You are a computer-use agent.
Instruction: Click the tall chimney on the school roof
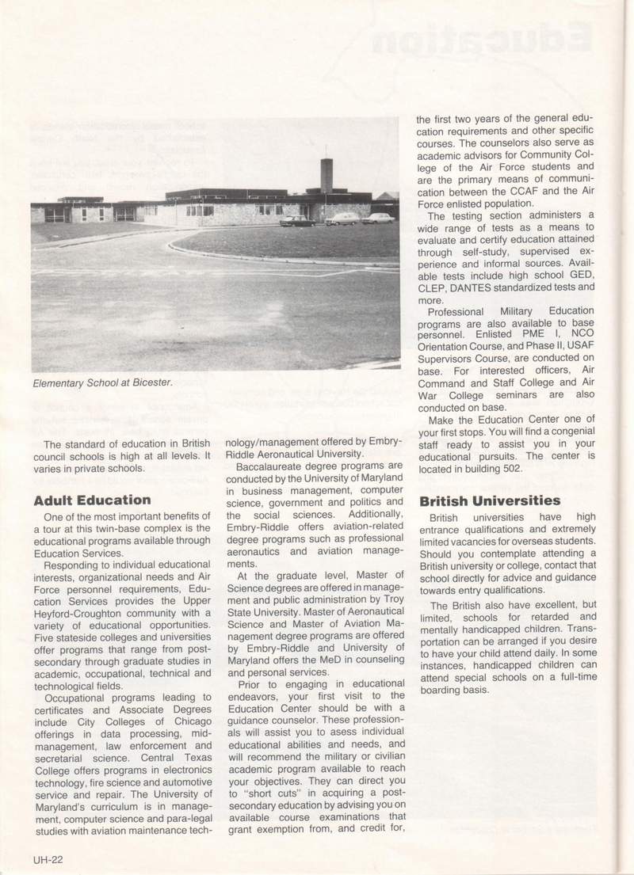pyautogui.click(x=327, y=176)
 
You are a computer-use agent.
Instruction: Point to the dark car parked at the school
pyautogui.click(x=297, y=221)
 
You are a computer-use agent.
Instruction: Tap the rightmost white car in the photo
pyautogui.click(x=379, y=218)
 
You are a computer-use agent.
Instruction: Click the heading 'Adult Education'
pyautogui.click(x=93, y=500)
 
